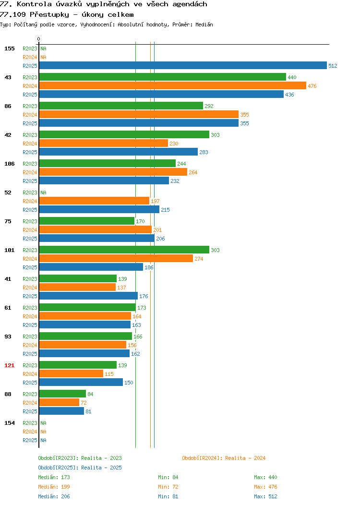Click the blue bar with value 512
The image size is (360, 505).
(x=183, y=65)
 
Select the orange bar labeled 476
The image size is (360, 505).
(x=173, y=85)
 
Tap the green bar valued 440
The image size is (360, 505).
(x=163, y=77)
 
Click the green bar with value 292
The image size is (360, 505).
(x=121, y=106)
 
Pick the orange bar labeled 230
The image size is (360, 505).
(x=104, y=144)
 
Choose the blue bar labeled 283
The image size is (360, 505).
(x=119, y=152)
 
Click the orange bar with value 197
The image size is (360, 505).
(x=95, y=201)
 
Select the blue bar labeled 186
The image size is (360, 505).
(x=91, y=267)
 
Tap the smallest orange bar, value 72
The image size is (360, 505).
(x=59, y=402)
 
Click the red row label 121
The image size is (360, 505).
(x=9, y=365)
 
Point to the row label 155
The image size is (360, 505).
(x=9, y=48)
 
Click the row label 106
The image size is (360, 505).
(x=9, y=164)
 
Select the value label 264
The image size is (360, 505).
(x=193, y=172)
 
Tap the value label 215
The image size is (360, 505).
(x=165, y=210)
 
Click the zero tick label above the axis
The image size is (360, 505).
(x=39, y=39)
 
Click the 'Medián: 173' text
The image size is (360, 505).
(x=54, y=477)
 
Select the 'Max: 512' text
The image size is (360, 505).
(x=265, y=496)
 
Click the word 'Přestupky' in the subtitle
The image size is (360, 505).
(x=49, y=14)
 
